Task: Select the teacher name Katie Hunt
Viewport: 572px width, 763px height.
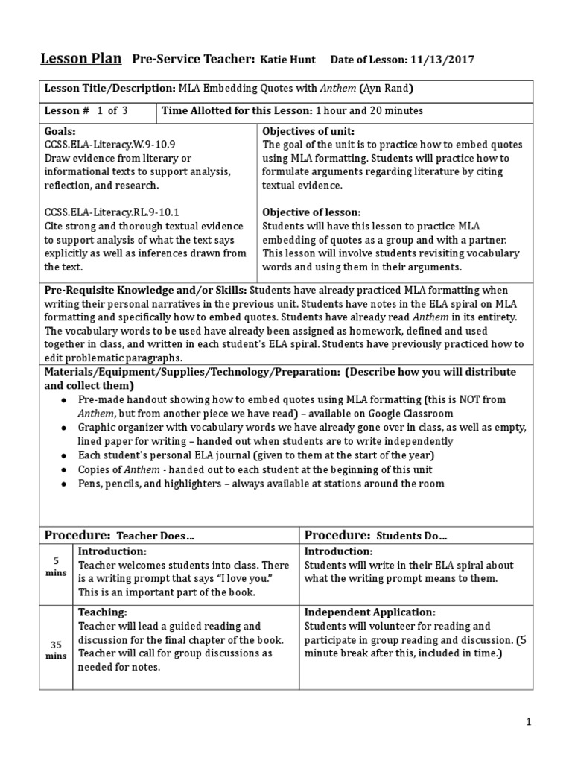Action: pyautogui.click(x=287, y=60)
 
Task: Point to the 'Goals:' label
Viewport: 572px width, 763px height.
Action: pyautogui.click(x=61, y=130)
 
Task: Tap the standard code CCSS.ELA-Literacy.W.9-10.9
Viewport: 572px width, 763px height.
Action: pyautogui.click(x=109, y=144)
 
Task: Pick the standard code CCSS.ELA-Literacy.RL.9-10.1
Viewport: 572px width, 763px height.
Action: pyautogui.click(x=112, y=212)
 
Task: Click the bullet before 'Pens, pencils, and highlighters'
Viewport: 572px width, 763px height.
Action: pyautogui.click(x=66, y=484)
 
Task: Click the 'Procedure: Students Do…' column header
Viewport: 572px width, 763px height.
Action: pyautogui.click(x=376, y=536)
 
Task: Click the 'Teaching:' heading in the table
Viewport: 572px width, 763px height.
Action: pyautogui.click(x=103, y=612)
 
